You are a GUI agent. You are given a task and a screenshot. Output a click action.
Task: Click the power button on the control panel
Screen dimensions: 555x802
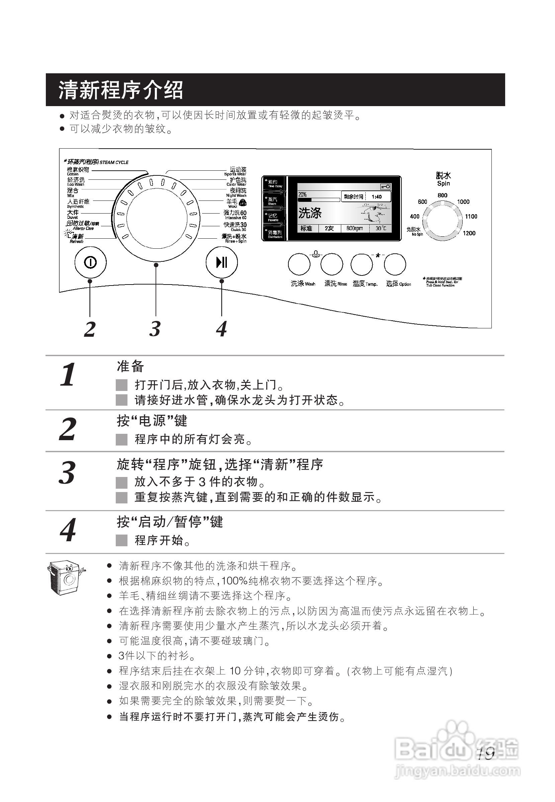[90, 262]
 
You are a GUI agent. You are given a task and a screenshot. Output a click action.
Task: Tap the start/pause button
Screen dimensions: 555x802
[221, 262]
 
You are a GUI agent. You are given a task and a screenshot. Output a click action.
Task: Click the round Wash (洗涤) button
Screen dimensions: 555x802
[299, 264]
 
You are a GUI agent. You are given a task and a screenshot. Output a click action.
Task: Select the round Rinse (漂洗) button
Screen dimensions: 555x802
[332, 264]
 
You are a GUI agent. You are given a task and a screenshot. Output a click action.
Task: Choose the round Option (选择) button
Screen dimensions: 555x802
[395, 264]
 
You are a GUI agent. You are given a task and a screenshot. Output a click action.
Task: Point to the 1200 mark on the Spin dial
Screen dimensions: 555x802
[469, 233]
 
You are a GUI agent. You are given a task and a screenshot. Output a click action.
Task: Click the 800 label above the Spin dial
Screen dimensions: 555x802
[442, 195]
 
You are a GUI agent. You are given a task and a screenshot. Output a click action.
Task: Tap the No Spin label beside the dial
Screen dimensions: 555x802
[414, 231]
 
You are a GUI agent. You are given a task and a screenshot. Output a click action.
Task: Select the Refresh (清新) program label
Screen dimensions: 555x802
[77, 238]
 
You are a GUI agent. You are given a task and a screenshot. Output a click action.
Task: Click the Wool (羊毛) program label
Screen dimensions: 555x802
[232, 203]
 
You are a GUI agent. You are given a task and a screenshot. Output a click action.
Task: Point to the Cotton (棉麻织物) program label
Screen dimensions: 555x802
[78, 170]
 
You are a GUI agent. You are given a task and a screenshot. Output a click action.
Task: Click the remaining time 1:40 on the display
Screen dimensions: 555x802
[377, 196]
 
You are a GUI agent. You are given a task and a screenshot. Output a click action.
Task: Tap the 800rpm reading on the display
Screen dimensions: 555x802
[354, 228]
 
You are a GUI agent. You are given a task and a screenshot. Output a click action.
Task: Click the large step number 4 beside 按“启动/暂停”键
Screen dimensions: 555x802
[68, 531]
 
